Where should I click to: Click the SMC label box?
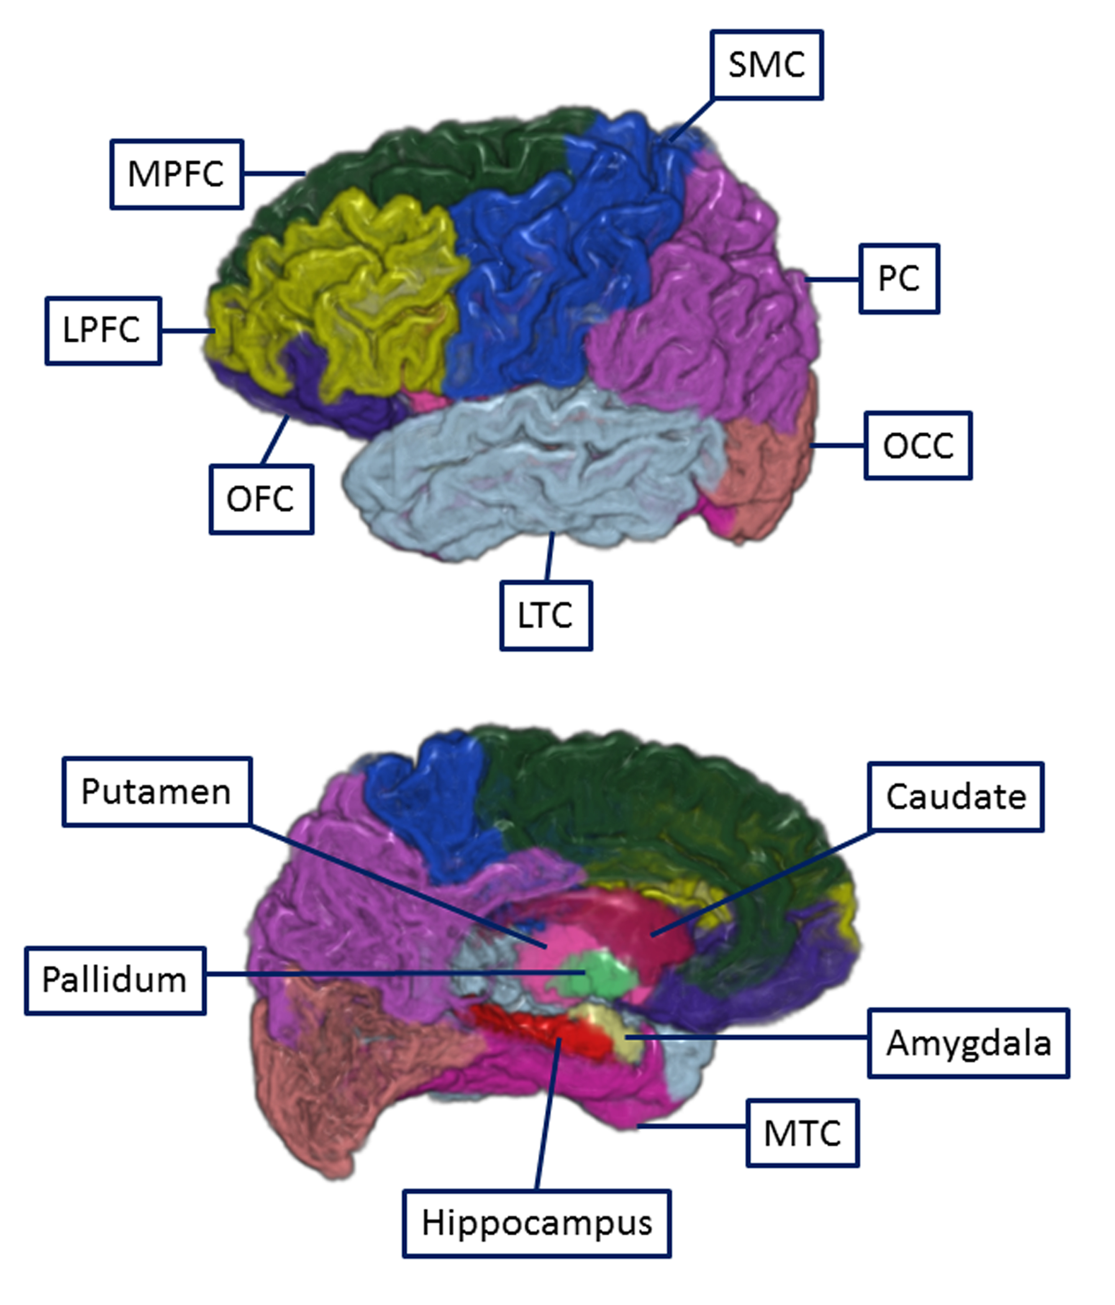[766, 65]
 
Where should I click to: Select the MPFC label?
[176, 174]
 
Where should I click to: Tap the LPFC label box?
[103, 330]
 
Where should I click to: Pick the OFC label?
[261, 499]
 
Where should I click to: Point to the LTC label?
[545, 615]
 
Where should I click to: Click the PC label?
[899, 278]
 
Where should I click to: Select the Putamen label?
[156, 791]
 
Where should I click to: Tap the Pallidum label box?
[114, 980]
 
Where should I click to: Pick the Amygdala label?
[968, 1042]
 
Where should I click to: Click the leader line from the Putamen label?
[397, 885]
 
